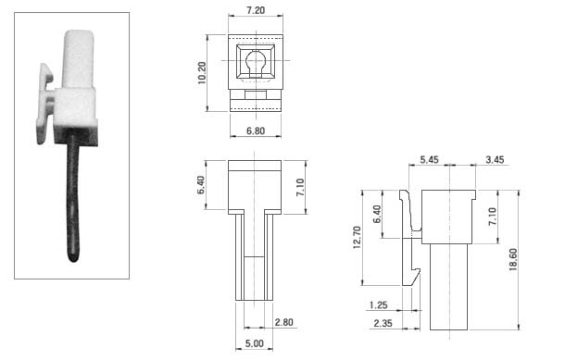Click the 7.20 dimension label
pos(256,10)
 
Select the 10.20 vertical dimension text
pos(202,73)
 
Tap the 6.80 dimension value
pos(256,130)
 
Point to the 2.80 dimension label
pos(284,322)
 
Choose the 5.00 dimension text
pos(255,343)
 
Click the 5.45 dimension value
pos(430,159)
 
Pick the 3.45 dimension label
pos(495,159)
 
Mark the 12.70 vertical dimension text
pos(357,238)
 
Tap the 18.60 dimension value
pos(513,259)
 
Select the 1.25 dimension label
pos(378,305)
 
